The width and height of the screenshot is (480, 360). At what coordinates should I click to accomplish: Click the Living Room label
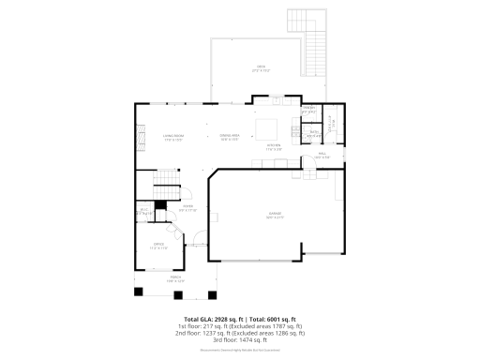tap(172, 138)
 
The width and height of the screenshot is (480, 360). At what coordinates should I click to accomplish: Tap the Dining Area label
tap(230, 138)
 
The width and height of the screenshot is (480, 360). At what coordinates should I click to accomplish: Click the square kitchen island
tap(269, 128)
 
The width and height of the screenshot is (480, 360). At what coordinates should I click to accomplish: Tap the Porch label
tap(175, 278)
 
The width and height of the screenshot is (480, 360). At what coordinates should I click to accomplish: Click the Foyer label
tap(187, 208)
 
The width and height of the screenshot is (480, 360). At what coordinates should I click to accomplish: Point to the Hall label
tap(322, 155)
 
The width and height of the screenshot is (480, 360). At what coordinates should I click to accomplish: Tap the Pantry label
tap(307, 110)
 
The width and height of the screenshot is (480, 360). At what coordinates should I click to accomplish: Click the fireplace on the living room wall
tap(142, 138)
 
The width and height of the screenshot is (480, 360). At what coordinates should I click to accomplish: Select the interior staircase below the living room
tap(166, 178)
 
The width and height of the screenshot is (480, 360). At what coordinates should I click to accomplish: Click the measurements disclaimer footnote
tap(240, 350)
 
